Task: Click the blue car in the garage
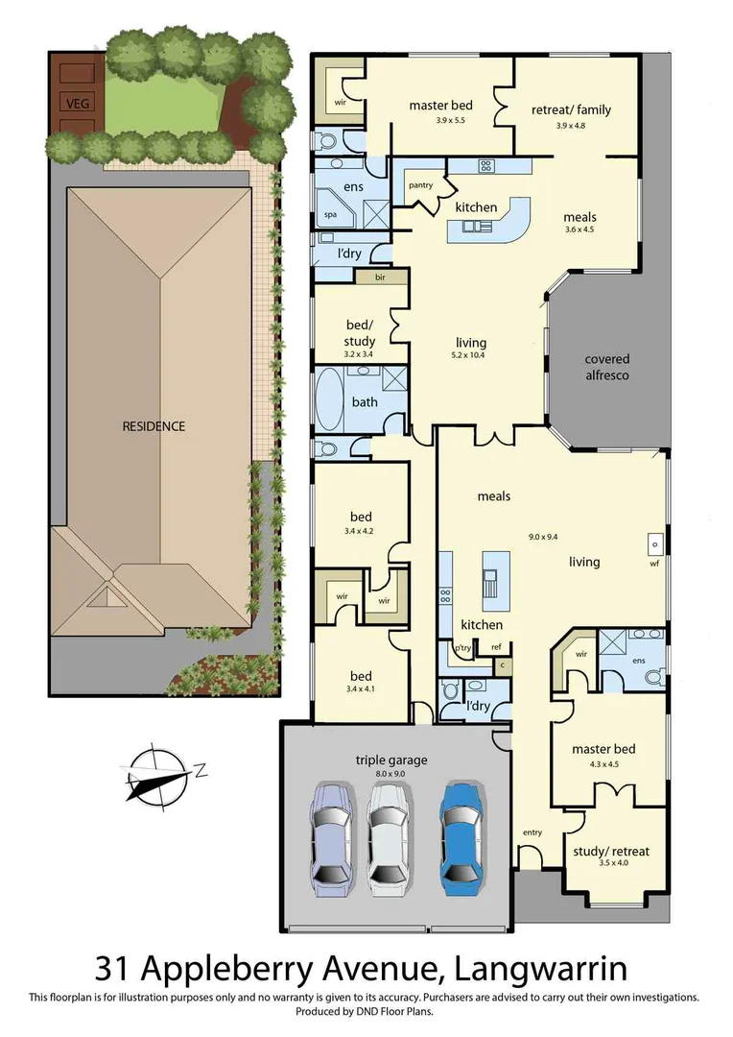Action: point(462,834)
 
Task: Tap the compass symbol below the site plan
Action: point(155,772)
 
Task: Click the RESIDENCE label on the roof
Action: point(153,425)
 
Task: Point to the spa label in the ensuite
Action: point(330,215)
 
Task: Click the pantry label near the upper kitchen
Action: point(420,185)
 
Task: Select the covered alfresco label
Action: point(606,367)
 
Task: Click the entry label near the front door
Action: point(532,832)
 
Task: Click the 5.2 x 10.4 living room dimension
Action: point(471,355)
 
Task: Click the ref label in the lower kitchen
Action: point(496,647)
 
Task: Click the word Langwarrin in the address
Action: point(546,964)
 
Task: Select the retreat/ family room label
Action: point(571,109)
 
